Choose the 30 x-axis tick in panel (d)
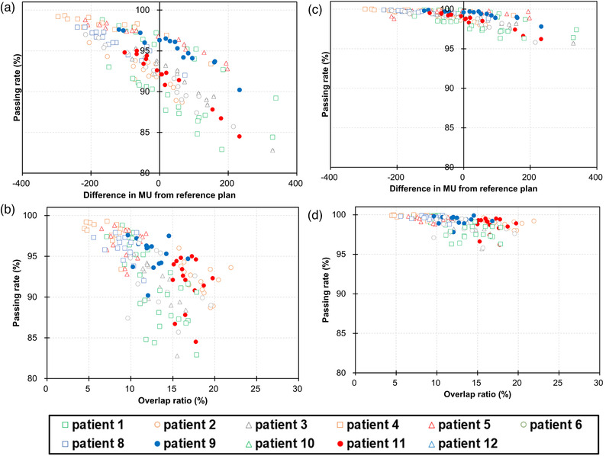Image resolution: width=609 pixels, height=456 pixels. pyautogui.click(x=600, y=384)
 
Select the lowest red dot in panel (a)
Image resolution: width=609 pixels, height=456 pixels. pyautogui.click(x=239, y=136)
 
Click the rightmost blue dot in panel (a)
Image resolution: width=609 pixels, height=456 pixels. pyautogui.click(x=239, y=89)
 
